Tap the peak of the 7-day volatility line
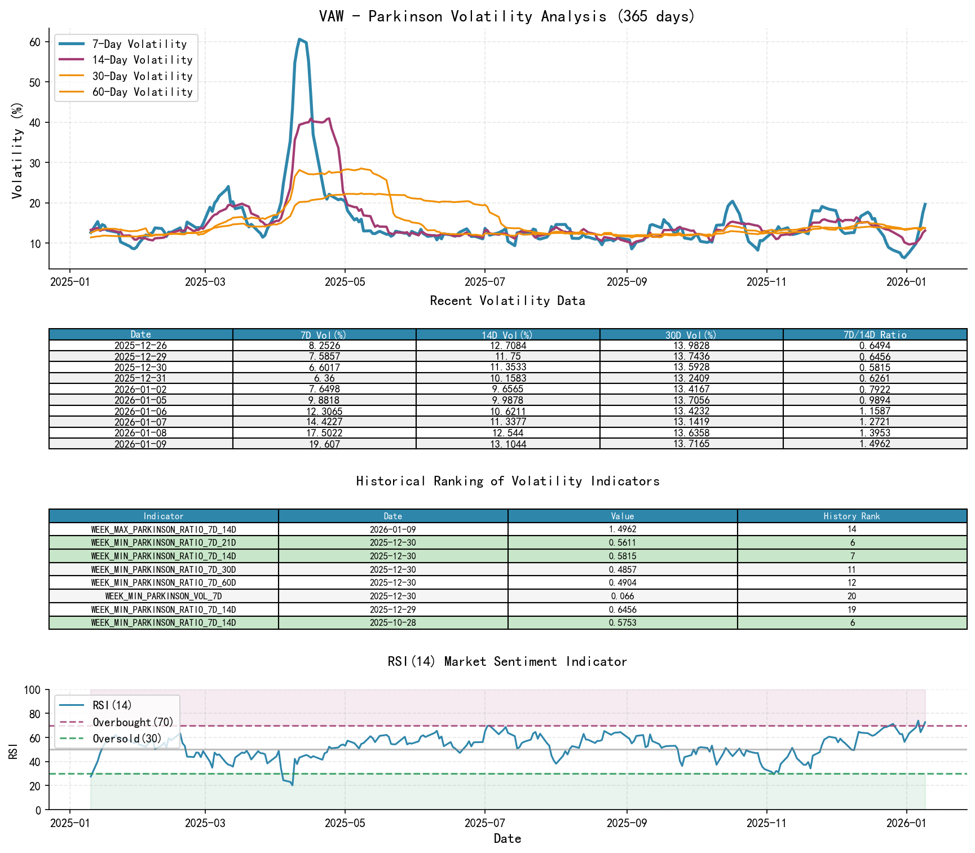pyautogui.click(x=299, y=39)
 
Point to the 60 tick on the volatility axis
pyautogui.click(x=35, y=42)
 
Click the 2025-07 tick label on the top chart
pyautogui.click(x=485, y=282)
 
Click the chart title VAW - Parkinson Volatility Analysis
pyautogui.click(x=507, y=16)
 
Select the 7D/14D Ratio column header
pyautogui.click(x=875, y=334)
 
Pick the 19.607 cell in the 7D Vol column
pyautogui.click(x=324, y=444)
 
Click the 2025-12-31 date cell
pyautogui.click(x=140, y=378)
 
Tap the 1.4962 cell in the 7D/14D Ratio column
pyautogui.click(x=875, y=444)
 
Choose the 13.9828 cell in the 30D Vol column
pyautogui.click(x=691, y=346)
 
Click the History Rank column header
pyautogui.click(x=852, y=516)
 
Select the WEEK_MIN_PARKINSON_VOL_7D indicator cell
pyautogui.click(x=163, y=596)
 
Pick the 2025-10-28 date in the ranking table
pyautogui.click(x=392, y=623)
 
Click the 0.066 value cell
pyautogui.click(x=622, y=596)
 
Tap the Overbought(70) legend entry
pyautogui.click(x=133, y=722)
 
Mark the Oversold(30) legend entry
pyautogui.click(x=127, y=739)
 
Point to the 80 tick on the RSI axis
pyautogui.click(x=35, y=714)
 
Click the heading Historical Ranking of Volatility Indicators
pyautogui.click(x=508, y=481)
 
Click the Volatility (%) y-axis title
pyautogui.click(x=17, y=151)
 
